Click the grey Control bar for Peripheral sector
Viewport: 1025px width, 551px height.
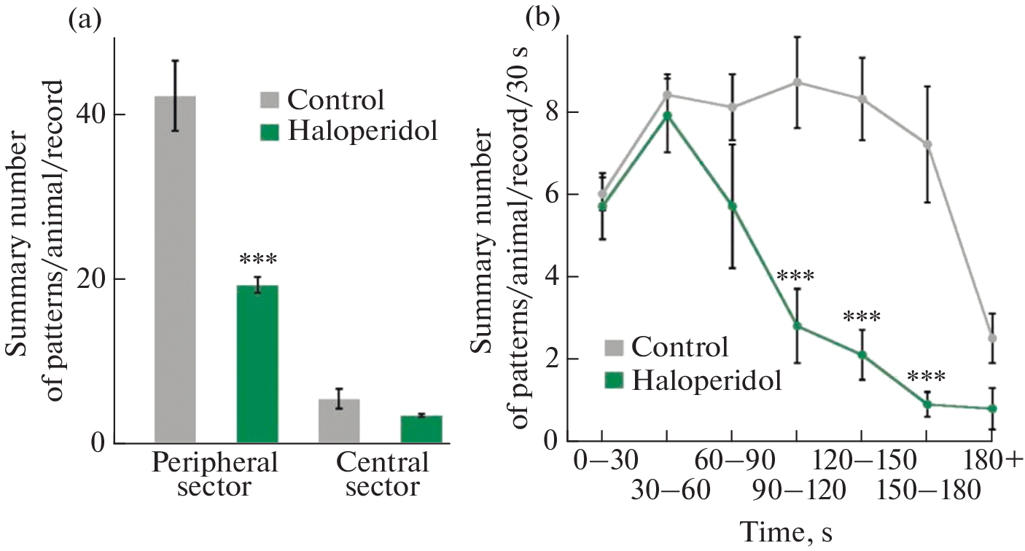point(175,270)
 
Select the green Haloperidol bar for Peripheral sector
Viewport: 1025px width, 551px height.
point(257,364)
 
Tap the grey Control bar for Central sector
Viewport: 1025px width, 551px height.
point(339,421)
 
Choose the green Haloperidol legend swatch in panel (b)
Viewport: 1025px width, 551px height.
point(615,380)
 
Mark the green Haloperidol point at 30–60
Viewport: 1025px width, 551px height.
point(667,115)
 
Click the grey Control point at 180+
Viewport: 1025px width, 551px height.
point(992,338)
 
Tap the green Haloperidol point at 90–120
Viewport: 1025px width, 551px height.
point(798,326)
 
